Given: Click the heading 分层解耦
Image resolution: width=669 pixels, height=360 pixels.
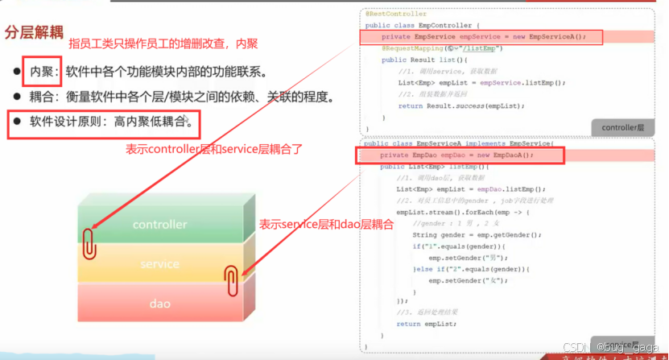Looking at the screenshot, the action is pos(34,32).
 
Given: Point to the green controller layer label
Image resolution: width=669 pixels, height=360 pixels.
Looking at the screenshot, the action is pos(159,225).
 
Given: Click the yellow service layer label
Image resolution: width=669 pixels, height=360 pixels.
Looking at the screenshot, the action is pos(159,264).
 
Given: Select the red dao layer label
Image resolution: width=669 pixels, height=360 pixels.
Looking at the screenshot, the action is pos(159,304).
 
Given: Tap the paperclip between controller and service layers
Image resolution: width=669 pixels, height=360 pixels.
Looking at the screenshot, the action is pos(89,242).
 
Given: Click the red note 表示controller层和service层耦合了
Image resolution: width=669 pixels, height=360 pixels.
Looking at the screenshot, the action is pos(214,149).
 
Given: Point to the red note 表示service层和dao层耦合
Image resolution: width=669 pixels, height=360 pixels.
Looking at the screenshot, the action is pos(326,226).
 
